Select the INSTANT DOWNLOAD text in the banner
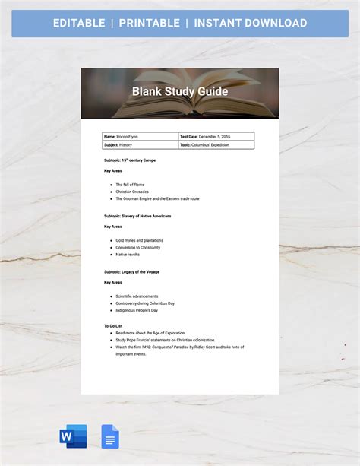point(250,23)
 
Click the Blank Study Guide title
point(179,91)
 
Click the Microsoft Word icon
point(73,436)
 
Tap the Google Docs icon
point(111,436)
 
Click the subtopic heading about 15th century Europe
point(131,160)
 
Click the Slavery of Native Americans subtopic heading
point(137,217)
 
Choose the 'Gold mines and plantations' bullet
point(139,240)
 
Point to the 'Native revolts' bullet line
point(128,255)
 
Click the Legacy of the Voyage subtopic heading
point(131,271)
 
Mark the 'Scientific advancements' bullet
point(137,296)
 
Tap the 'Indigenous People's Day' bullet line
point(137,310)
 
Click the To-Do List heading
point(113,325)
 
